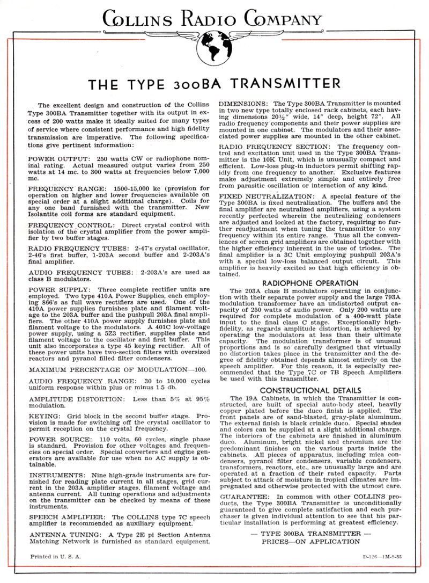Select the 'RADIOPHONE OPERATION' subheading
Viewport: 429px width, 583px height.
click(x=310, y=283)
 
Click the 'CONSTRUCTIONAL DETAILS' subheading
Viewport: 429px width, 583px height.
click(x=310, y=390)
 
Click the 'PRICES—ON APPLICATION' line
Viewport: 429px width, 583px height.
click(x=310, y=542)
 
